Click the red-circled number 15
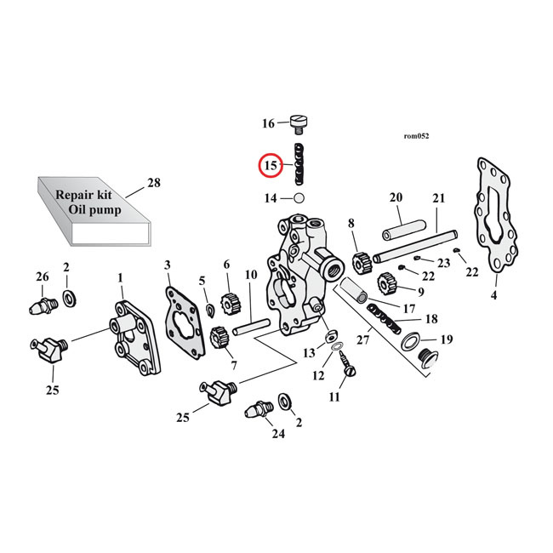coord(271,165)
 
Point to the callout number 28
coord(153,182)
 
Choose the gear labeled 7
coord(216,338)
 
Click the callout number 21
coord(439,199)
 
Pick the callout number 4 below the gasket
coord(493,297)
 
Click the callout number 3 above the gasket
coord(168,265)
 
